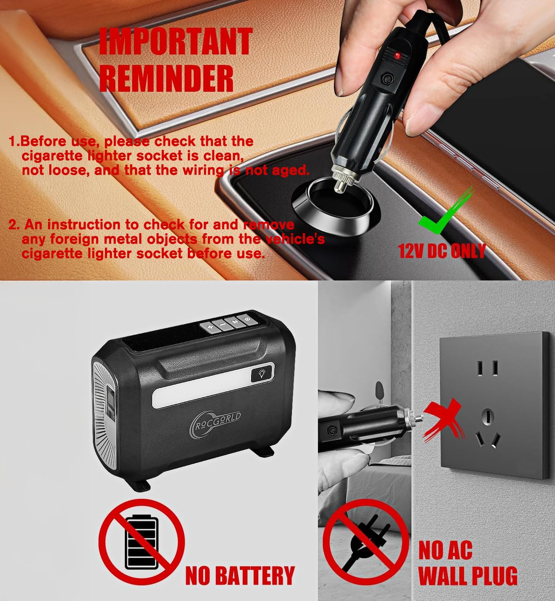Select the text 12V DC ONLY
tap(442, 251)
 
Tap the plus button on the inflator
tap(210, 327)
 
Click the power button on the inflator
tap(247, 319)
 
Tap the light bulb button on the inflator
tap(262, 374)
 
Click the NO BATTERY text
tap(240, 576)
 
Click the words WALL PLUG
tap(468, 576)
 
